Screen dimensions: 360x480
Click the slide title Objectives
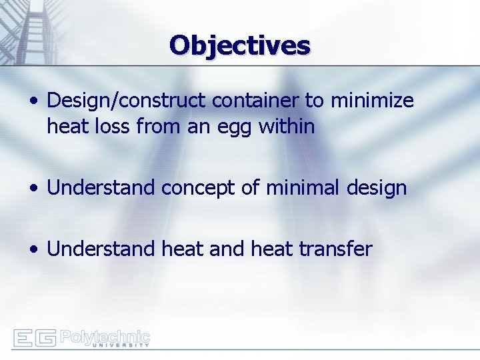[x=240, y=45]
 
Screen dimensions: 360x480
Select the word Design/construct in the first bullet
[x=127, y=101]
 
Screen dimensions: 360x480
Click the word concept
[x=198, y=188]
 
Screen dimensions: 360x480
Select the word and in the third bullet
[x=227, y=249]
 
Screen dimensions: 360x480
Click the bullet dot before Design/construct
[x=33, y=102]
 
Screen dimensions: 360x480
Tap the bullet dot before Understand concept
[x=33, y=189]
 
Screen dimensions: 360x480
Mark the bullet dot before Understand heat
[x=33, y=250]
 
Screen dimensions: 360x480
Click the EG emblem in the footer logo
[x=34, y=338]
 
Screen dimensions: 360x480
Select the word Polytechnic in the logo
[x=105, y=335]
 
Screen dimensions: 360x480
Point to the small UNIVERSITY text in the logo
[x=120, y=345]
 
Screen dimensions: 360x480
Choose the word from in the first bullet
[x=160, y=125]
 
